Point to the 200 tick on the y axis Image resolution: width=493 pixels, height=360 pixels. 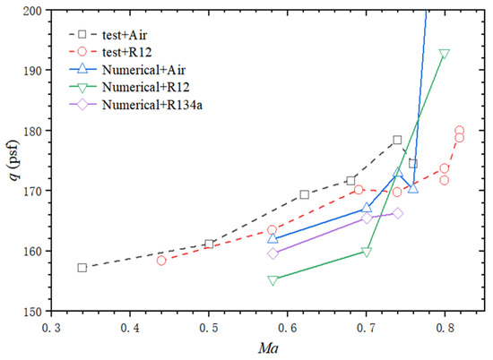tap(29, 11)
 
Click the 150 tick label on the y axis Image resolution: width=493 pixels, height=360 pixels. tap(29, 311)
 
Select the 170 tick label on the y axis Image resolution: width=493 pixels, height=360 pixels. tap(29, 191)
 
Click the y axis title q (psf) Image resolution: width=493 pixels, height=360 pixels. tap(11, 161)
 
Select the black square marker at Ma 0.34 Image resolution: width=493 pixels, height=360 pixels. tap(82, 268)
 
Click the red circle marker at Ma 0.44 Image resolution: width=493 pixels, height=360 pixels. tap(161, 261)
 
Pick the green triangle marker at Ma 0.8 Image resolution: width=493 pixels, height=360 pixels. tap(445, 54)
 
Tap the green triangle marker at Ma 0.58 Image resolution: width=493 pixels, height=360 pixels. tap(272, 280)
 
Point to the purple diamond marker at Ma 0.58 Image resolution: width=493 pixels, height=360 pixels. tap(272, 253)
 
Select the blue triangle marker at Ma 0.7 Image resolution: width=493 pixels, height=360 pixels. tap(367, 208)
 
